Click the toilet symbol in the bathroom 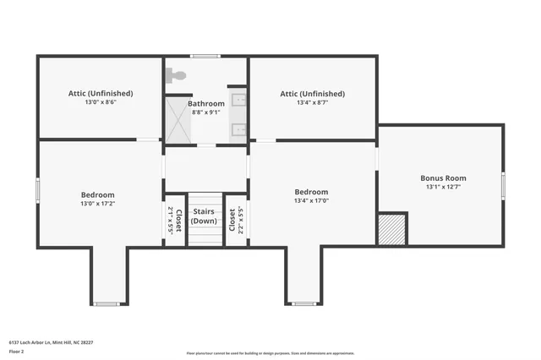pos(176,74)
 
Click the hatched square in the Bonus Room pos(392,229)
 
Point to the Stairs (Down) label pos(204,215)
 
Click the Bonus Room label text pos(443,178)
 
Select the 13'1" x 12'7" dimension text pos(443,188)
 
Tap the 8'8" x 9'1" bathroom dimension pos(205,112)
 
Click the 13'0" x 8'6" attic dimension pos(100,102)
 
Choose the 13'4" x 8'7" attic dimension pos(312,102)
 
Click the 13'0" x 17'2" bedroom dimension pos(97,204)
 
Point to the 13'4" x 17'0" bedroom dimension pos(310,201)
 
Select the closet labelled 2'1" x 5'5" pos(174,220)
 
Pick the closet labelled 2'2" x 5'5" pos(237,220)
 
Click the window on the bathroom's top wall pos(205,57)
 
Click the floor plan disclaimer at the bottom pos(270,352)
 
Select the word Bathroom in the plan pos(205,104)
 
